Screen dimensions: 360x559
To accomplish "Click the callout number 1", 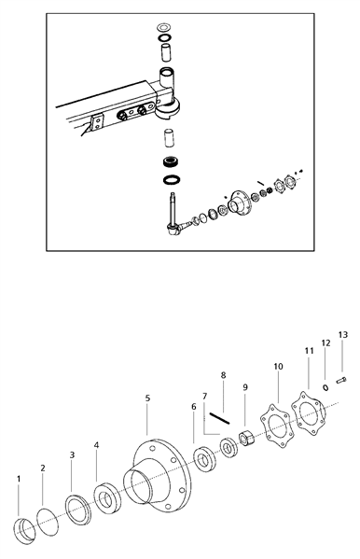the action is tap(19, 479).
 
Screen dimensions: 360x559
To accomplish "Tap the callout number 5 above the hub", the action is tap(148, 398).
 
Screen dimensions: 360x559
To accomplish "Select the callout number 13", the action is tap(342, 335).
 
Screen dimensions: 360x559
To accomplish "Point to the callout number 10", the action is tap(278, 366).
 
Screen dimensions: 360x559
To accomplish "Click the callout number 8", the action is tap(224, 374).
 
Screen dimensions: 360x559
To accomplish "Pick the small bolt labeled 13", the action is tap(341, 380).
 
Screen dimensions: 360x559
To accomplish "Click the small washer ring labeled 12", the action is tap(325, 387).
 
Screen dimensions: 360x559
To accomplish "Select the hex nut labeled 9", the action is tap(247, 438).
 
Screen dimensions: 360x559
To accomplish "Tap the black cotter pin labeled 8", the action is tap(219, 418).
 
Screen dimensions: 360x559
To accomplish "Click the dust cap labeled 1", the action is tap(24, 531).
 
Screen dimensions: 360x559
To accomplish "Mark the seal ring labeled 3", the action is tap(78, 510).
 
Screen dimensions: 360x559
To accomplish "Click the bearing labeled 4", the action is tap(107, 498).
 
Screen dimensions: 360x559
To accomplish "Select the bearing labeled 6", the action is tap(205, 459).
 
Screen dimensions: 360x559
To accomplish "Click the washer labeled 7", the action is tap(228, 448).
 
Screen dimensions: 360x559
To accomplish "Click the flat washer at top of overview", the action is tap(163, 27).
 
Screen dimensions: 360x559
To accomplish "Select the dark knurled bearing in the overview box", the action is tap(172, 161).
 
